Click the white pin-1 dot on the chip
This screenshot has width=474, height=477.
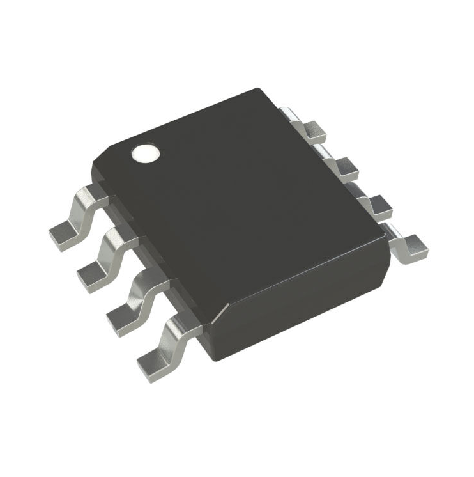point(144,153)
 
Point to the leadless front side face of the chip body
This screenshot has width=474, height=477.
point(300,301)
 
